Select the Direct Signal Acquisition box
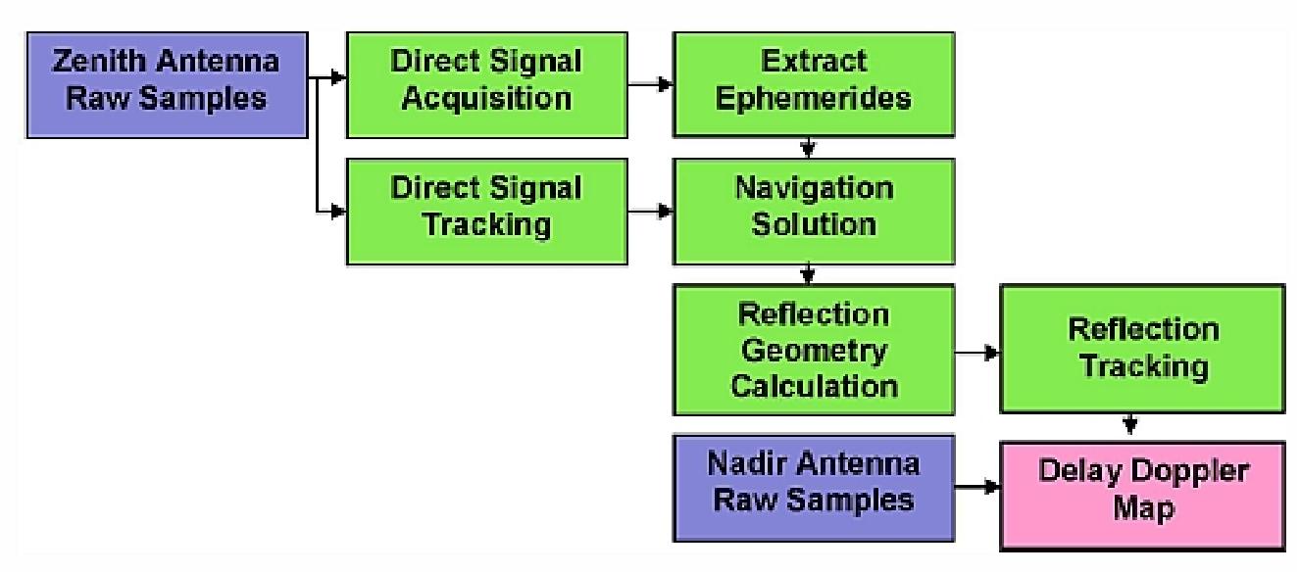point(486,82)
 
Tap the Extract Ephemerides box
point(813,82)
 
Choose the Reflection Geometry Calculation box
point(813,350)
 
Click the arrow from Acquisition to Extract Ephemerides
point(650,84)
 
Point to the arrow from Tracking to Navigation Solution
point(650,210)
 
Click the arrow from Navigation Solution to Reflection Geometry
point(806,272)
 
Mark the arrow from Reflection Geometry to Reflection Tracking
point(976,351)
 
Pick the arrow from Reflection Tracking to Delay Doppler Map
point(1130,423)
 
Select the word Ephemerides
point(813,100)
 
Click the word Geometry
point(813,350)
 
